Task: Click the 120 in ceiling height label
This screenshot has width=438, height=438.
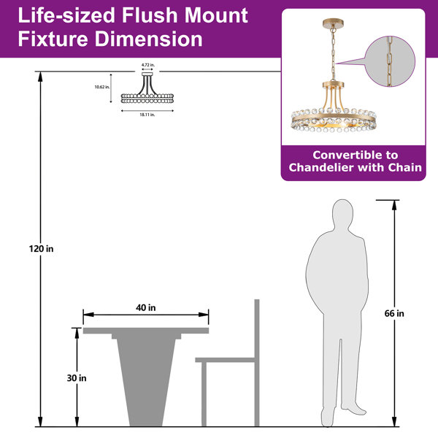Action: click(x=41, y=249)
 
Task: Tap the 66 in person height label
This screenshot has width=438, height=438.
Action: click(x=394, y=313)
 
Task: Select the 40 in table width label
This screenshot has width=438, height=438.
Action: click(x=146, y=307)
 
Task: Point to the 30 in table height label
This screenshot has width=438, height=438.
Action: click(x=77, y=378)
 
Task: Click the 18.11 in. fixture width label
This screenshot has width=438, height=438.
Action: click(x=147, y=115)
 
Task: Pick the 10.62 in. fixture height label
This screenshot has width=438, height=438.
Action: click(x=102, y=87)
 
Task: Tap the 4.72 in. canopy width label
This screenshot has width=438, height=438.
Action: click(x=147, y=65)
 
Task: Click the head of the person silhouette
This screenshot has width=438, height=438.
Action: click(x=343, y=214)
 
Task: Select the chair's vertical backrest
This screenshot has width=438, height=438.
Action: click(x=257, y=363)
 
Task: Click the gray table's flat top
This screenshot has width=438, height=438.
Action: click(x=146, y=331)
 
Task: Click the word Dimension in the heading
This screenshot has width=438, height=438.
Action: click(x=149, y=39)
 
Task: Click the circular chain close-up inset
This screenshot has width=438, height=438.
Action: click(x=390, y=61)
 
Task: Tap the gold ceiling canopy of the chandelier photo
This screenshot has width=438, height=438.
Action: click(x=333, y=23)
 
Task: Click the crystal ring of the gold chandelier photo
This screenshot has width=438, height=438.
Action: click(x=334, y=120)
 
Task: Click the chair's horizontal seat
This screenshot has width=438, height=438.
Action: click(x=225, y=360)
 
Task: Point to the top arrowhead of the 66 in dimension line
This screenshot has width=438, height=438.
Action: click(x=394, y=204)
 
